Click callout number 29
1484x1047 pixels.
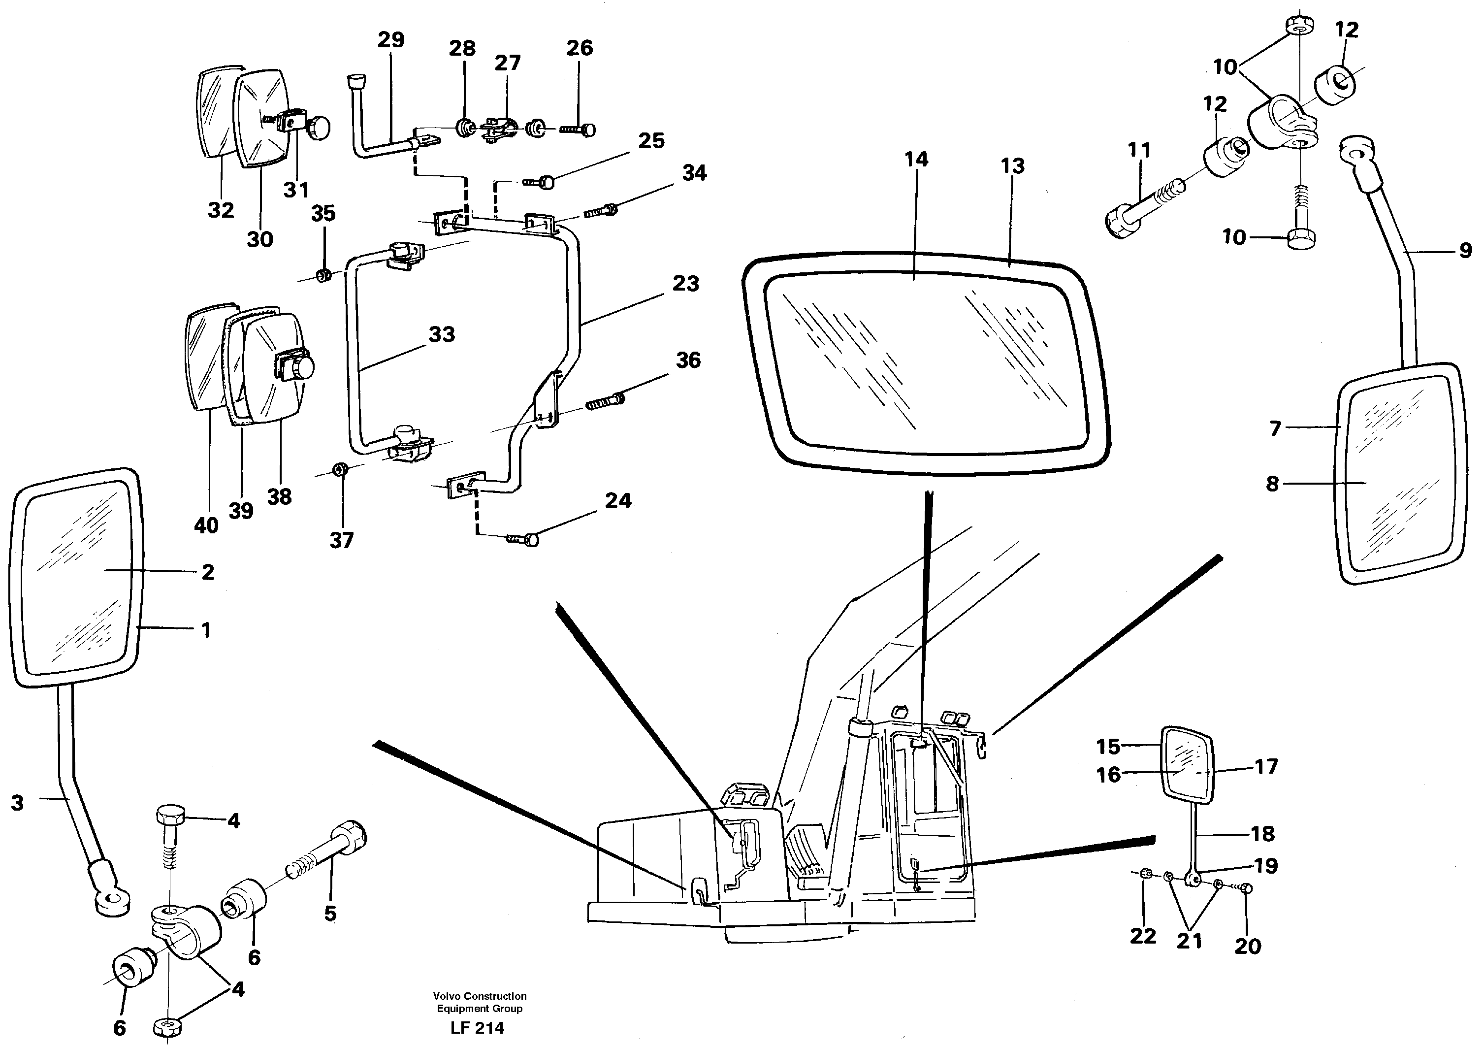click(390, 40)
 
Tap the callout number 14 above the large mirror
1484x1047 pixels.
click(916, 160)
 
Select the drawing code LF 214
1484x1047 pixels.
click(477, 1028)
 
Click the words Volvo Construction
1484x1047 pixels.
click(479, 996)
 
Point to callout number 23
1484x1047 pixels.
click(685, 284)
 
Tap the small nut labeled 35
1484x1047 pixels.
click(324, 276)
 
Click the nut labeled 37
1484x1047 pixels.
click(339, 468)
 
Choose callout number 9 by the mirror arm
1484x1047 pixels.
click(1465, 251)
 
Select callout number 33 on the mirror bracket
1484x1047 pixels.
click(442, 335)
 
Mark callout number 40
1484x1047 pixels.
click(206, 526)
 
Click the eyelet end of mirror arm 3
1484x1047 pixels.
click(112, 900)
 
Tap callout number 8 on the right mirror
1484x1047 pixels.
click(1272, 484)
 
